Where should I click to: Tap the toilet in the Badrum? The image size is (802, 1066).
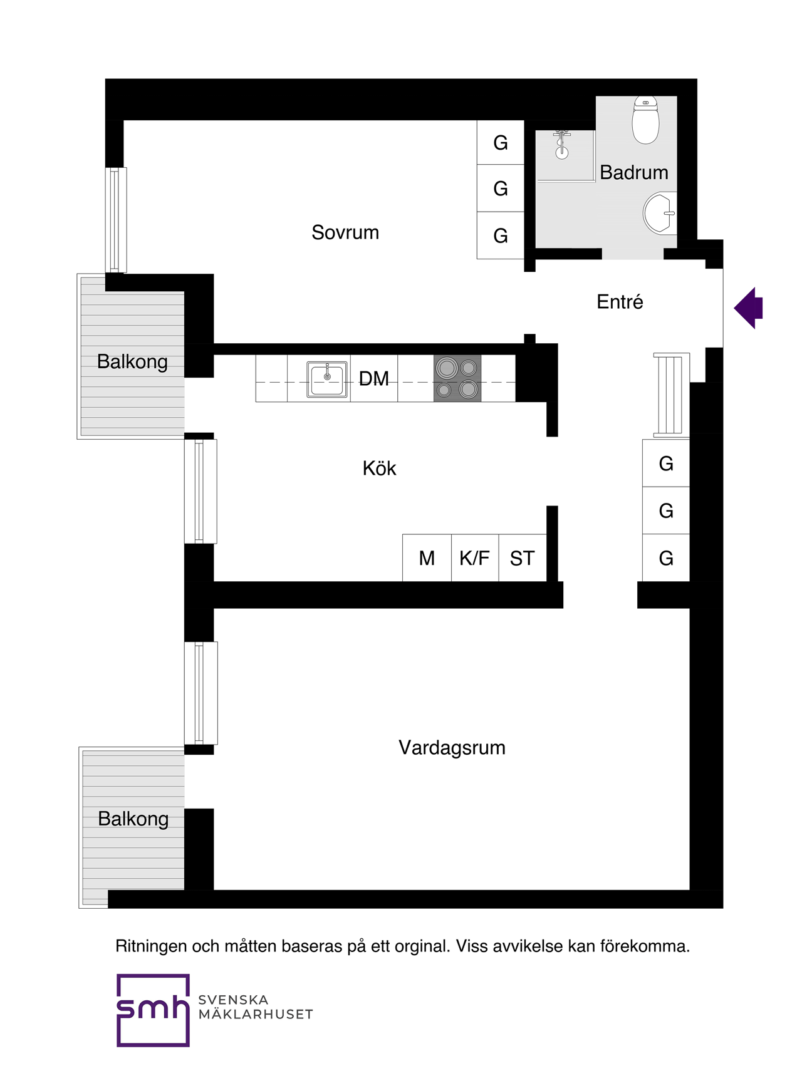pos(645,120)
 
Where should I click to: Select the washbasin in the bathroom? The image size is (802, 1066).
pos(660,213)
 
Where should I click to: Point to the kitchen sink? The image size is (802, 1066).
pos(327,379)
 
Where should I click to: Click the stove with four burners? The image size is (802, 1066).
pos(457,378)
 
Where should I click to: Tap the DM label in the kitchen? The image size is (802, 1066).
pos(374,378)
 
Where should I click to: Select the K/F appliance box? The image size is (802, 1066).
pos(475,558)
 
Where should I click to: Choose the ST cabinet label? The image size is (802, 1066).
pos(522,558)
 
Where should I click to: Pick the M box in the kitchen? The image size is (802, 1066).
pos(427,558)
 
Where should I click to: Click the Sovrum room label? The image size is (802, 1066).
pos(345,232)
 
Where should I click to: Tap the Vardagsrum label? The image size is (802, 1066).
pos(452,748)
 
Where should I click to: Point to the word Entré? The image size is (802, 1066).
pos(620,301)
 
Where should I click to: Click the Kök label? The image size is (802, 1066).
pos(379,468)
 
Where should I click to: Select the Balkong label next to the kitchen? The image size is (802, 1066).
pos(132,362)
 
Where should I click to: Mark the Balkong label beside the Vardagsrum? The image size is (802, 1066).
pos(133,819)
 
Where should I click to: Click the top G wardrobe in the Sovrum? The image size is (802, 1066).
pos(501,143)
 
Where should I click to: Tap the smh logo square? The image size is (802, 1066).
pos(153,1010)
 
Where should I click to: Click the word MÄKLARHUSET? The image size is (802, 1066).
pos(256,1014)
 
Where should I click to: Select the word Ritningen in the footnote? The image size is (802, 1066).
pos(151,946)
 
